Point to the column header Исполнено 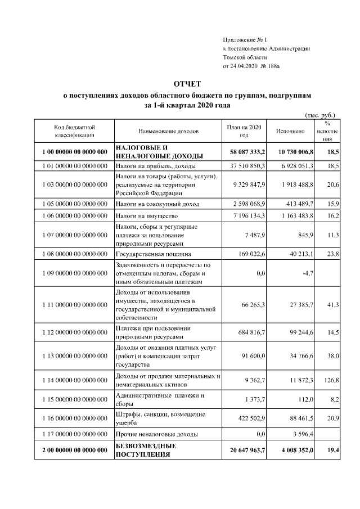(x=290, y=131)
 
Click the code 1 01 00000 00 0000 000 (x=74, y=166)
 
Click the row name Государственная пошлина (x=151, y=254)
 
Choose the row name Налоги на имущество (x=147, y=216)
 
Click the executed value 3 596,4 (x=302, y=434)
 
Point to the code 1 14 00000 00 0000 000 (x=74, y=380)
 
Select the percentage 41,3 (x=332, y=305)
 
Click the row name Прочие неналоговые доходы (x=157, y=434)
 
